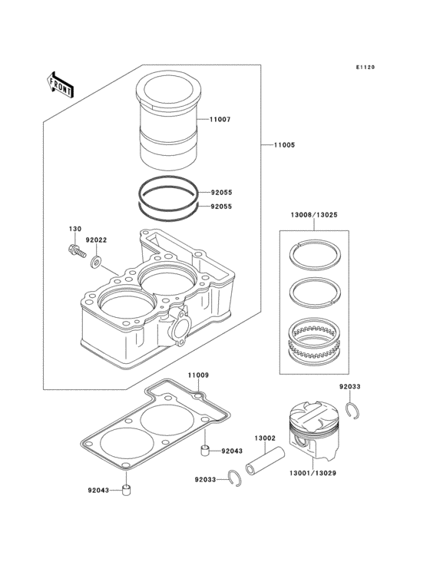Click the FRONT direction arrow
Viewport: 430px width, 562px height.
point(60,84)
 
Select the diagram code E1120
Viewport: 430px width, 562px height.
point(365,67)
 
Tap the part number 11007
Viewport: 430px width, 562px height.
point(220,119)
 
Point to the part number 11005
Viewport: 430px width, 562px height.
point(285,145)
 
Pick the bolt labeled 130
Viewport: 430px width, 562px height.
point(76,250)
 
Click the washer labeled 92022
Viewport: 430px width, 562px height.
point(96,263)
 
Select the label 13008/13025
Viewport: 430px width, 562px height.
point(314,215)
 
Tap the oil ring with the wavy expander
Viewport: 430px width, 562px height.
point(315,339)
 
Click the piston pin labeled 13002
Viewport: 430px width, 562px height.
point(265,459)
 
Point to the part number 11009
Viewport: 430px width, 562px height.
point(198,375)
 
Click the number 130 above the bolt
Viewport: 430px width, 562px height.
point(75,229)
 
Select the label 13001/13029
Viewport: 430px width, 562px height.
point(313,473)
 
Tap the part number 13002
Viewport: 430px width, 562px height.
point(265,438)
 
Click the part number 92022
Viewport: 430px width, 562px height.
point(96,240)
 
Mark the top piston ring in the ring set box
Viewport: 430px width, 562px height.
point(315,254)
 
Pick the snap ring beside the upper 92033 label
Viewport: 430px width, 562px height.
point(355,411)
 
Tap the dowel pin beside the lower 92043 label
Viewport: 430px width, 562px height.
point(126,490)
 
